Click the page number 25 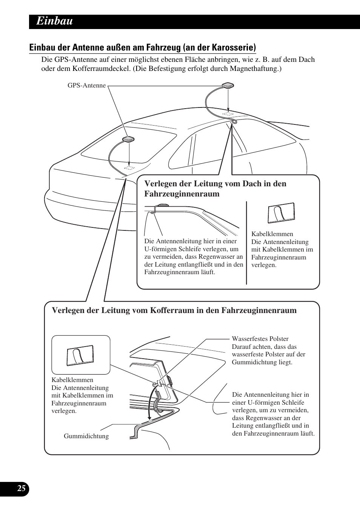[22, 488]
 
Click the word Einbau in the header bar [54, 21]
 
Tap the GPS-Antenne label [86, 86]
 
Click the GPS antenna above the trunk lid [129, 139]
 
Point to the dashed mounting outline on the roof [228, 113]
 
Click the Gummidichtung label [86, 436]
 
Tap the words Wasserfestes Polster [260, 339]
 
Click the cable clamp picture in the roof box [281, 213]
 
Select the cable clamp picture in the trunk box [80, 355]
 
